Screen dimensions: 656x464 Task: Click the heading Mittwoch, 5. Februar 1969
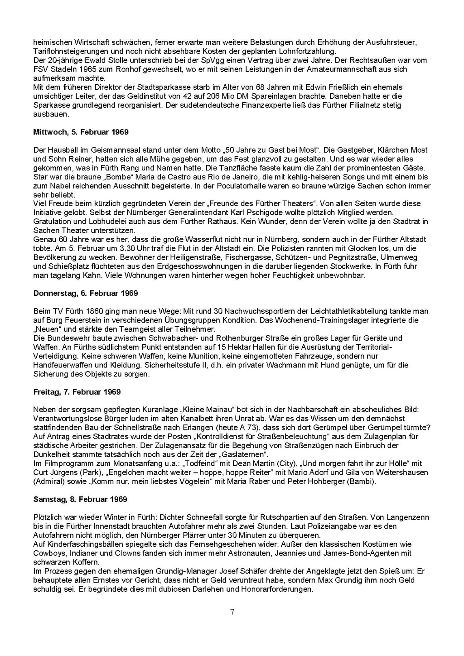pos(81,132)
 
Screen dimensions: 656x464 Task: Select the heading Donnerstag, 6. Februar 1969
pos(86,294)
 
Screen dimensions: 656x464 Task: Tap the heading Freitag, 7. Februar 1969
pos(77,392)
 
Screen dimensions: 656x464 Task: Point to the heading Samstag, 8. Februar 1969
pos(80,499)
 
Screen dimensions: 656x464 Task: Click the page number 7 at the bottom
pos(232,613)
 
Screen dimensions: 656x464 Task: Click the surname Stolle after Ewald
pos(98,60)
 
